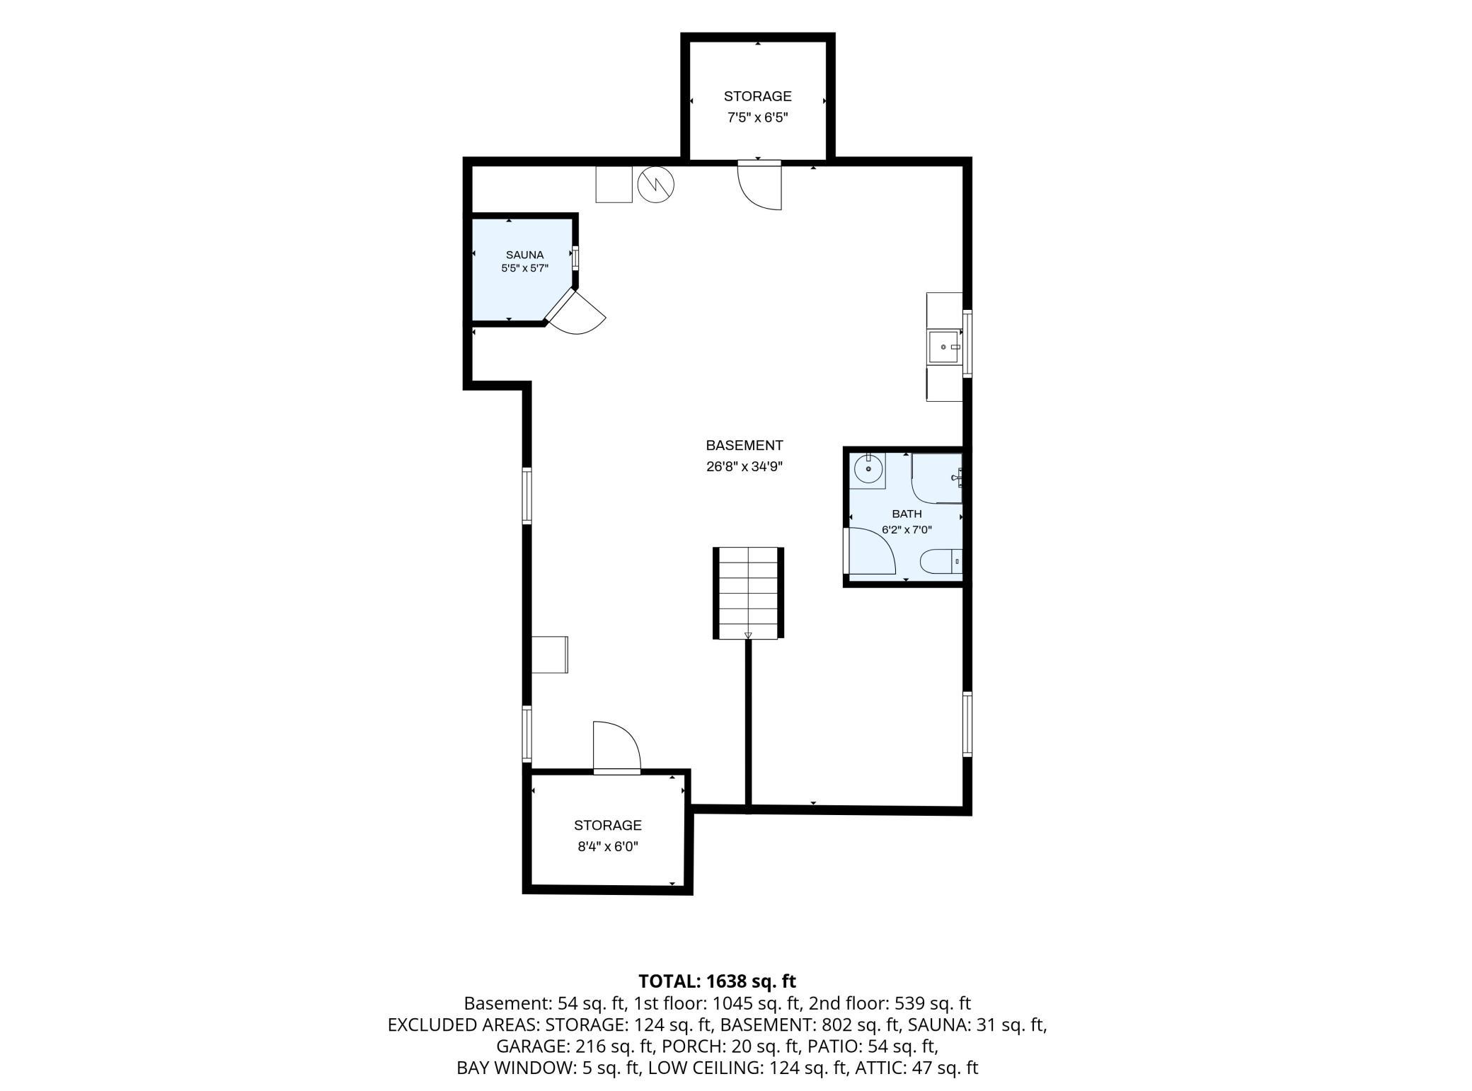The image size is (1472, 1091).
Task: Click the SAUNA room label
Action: [524, 255]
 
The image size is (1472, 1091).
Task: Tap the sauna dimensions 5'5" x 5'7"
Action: [524, 268]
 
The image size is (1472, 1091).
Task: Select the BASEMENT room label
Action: [744, 445]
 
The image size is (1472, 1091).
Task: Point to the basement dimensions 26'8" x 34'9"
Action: [744, 467]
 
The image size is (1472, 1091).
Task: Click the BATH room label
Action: [907, 514]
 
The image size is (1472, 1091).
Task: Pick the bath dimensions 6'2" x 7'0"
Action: [907, 529]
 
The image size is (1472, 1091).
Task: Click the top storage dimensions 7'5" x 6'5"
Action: [757, 117]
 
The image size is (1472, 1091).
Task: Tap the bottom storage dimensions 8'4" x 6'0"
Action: [608, 846]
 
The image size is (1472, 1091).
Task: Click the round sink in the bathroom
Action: [868, 468]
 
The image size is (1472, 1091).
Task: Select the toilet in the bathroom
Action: [941, 561]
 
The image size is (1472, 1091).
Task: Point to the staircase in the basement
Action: [748, 593]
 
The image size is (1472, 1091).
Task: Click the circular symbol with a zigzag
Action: [655, 185]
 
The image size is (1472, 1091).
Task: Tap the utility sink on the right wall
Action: [945, 347]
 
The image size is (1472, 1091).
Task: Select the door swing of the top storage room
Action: [759, 186]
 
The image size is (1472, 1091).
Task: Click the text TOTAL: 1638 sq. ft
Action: [717, 981]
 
